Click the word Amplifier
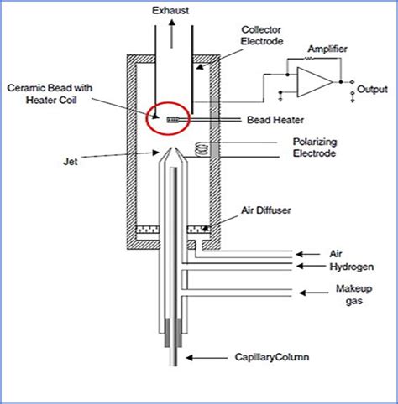(328, 49)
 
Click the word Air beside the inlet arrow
(337, 251)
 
